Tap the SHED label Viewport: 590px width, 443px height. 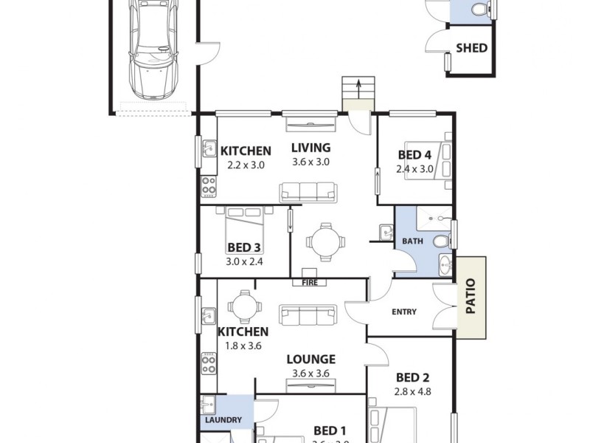pos(471,48)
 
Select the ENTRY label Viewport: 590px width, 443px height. pos(403,312)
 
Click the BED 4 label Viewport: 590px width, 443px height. pos(414,155)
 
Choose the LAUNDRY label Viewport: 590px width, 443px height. pos(223,420)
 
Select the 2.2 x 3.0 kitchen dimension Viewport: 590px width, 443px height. pos(246,165)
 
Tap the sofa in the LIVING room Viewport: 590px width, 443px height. pos(308,191)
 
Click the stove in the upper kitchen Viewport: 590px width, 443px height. pos(208,186)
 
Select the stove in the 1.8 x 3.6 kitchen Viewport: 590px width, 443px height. pos(208,363)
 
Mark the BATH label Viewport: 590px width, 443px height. pos(412,241)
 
